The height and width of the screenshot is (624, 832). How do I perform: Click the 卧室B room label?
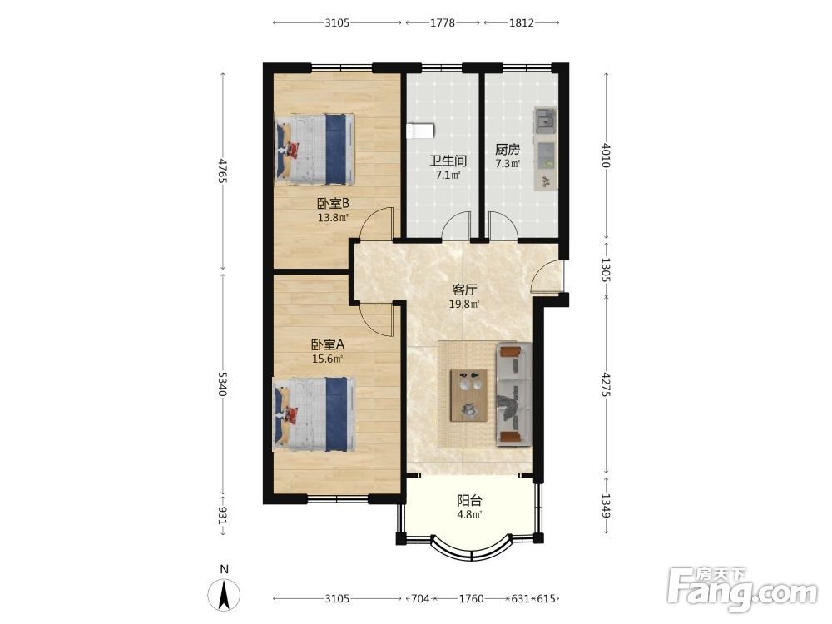333,203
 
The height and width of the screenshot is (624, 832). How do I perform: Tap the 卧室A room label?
327,344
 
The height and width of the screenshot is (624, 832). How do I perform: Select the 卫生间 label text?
448,161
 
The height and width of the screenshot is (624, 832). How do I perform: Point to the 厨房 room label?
508,150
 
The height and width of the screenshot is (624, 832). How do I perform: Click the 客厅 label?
464,290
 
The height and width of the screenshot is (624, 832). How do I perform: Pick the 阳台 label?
469,500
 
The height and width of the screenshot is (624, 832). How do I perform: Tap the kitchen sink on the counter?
546,121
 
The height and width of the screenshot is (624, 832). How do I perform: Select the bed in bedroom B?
314,149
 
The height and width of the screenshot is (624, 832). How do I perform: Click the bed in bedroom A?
314,414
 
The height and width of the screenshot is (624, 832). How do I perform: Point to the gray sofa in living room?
513,394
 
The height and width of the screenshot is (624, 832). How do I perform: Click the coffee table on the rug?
469,395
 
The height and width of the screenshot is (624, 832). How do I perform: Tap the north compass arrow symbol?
224,594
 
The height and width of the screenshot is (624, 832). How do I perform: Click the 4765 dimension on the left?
222,171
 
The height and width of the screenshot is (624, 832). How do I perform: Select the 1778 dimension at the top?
443,22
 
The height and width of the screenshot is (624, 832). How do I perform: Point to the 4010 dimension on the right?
606,155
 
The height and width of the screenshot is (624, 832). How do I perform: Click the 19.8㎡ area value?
464,304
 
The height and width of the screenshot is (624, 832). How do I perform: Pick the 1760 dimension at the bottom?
471,598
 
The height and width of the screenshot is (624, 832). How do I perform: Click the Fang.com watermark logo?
742,589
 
